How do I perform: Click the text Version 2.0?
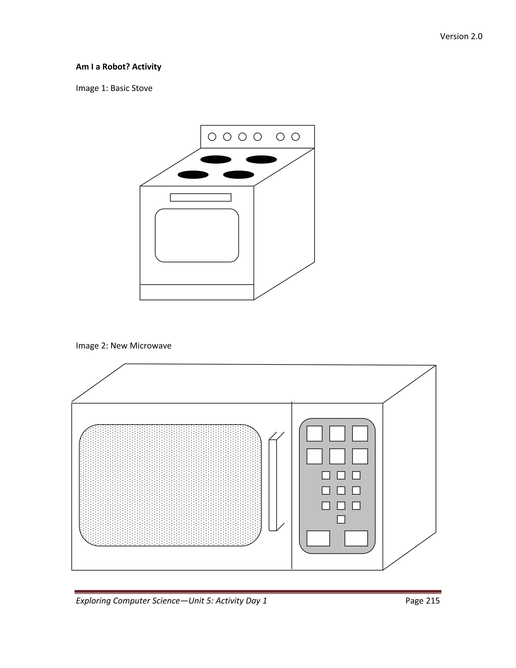(x=461, y=36)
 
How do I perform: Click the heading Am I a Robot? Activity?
(x=118, y=67)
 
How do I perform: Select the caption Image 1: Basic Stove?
(x=114, y=88)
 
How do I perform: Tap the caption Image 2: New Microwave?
(x=123, y=346)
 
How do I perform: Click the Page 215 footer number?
(x=423, y=601)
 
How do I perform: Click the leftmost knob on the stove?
(x=212, y=137)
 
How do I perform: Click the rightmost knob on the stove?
(x=295, y=137)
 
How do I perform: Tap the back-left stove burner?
(x=216, y=159)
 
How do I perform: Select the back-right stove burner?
(x=261, y=159)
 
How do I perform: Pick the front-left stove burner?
(x=193, y=175)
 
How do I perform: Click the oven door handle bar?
(x=201, y=197)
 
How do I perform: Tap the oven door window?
(x=197, y=235)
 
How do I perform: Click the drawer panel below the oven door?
(x=197, y=292)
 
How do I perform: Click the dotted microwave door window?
(x=170, y=485)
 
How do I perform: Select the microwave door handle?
(x=273, y=485)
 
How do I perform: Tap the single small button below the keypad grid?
(x=341, y=519)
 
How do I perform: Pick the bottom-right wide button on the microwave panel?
(x=356, y=538)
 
